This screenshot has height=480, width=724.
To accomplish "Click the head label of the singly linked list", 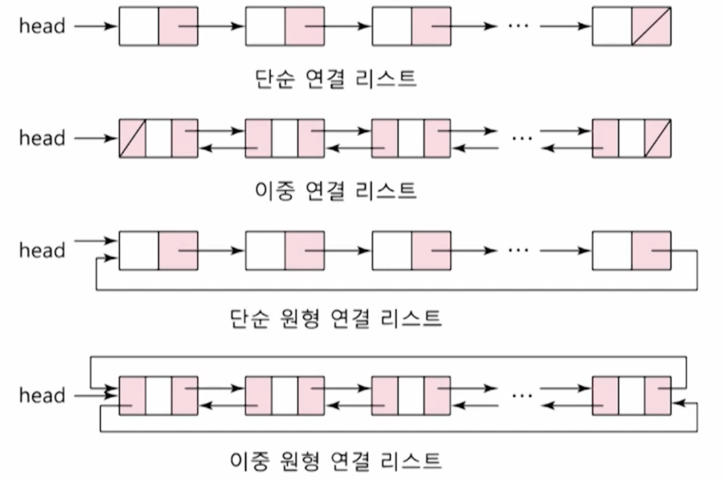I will [x=42, y=26].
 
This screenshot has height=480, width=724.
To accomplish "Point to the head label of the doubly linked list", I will [x=42, y=138].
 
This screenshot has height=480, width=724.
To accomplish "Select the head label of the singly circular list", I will [x=42, y=250].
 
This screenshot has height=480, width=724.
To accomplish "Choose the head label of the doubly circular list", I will [x=42, y=395].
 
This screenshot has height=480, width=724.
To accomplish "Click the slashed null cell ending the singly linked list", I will [x=651, y=26].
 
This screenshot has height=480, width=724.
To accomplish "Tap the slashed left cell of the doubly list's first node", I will [x=132, y=138].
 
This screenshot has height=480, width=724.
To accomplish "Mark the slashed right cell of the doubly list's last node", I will [x=657, y=138].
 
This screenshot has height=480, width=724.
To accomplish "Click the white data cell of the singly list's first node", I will [x=139, y=26].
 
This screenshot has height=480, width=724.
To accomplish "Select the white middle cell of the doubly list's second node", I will [x=284, y=138].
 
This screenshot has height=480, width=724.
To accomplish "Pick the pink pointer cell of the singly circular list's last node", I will [x=651, y=250].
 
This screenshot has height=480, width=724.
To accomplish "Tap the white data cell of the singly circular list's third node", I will [x=391, y=250].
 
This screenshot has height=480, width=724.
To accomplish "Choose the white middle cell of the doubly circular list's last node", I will [x=631, y=395].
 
